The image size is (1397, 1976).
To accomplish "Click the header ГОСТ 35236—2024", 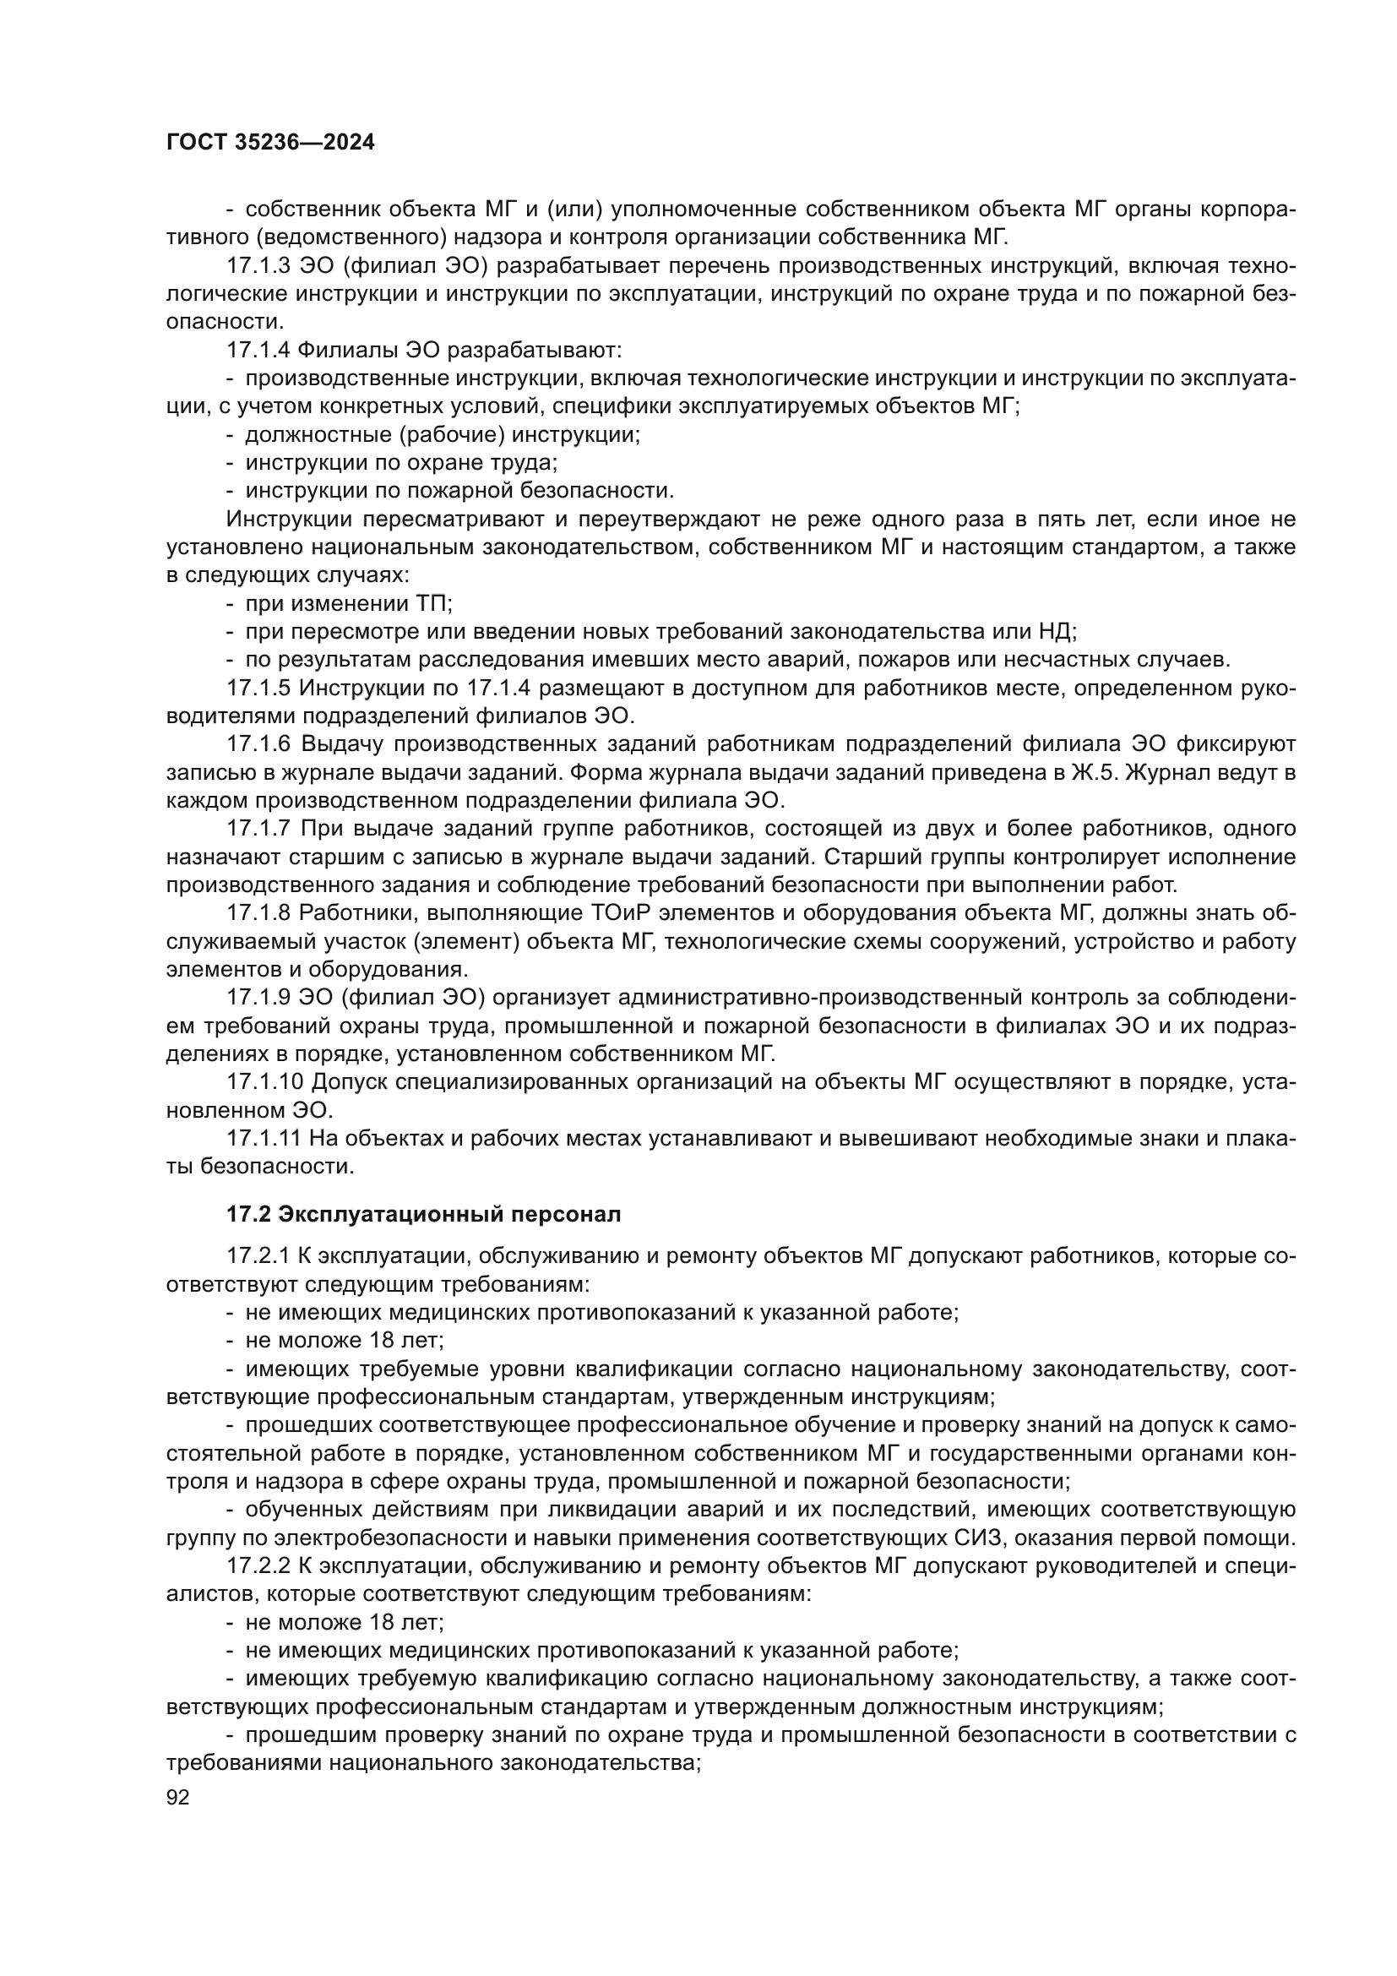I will (270, 143).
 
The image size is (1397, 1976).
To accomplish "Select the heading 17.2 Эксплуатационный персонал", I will (423, 1214).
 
